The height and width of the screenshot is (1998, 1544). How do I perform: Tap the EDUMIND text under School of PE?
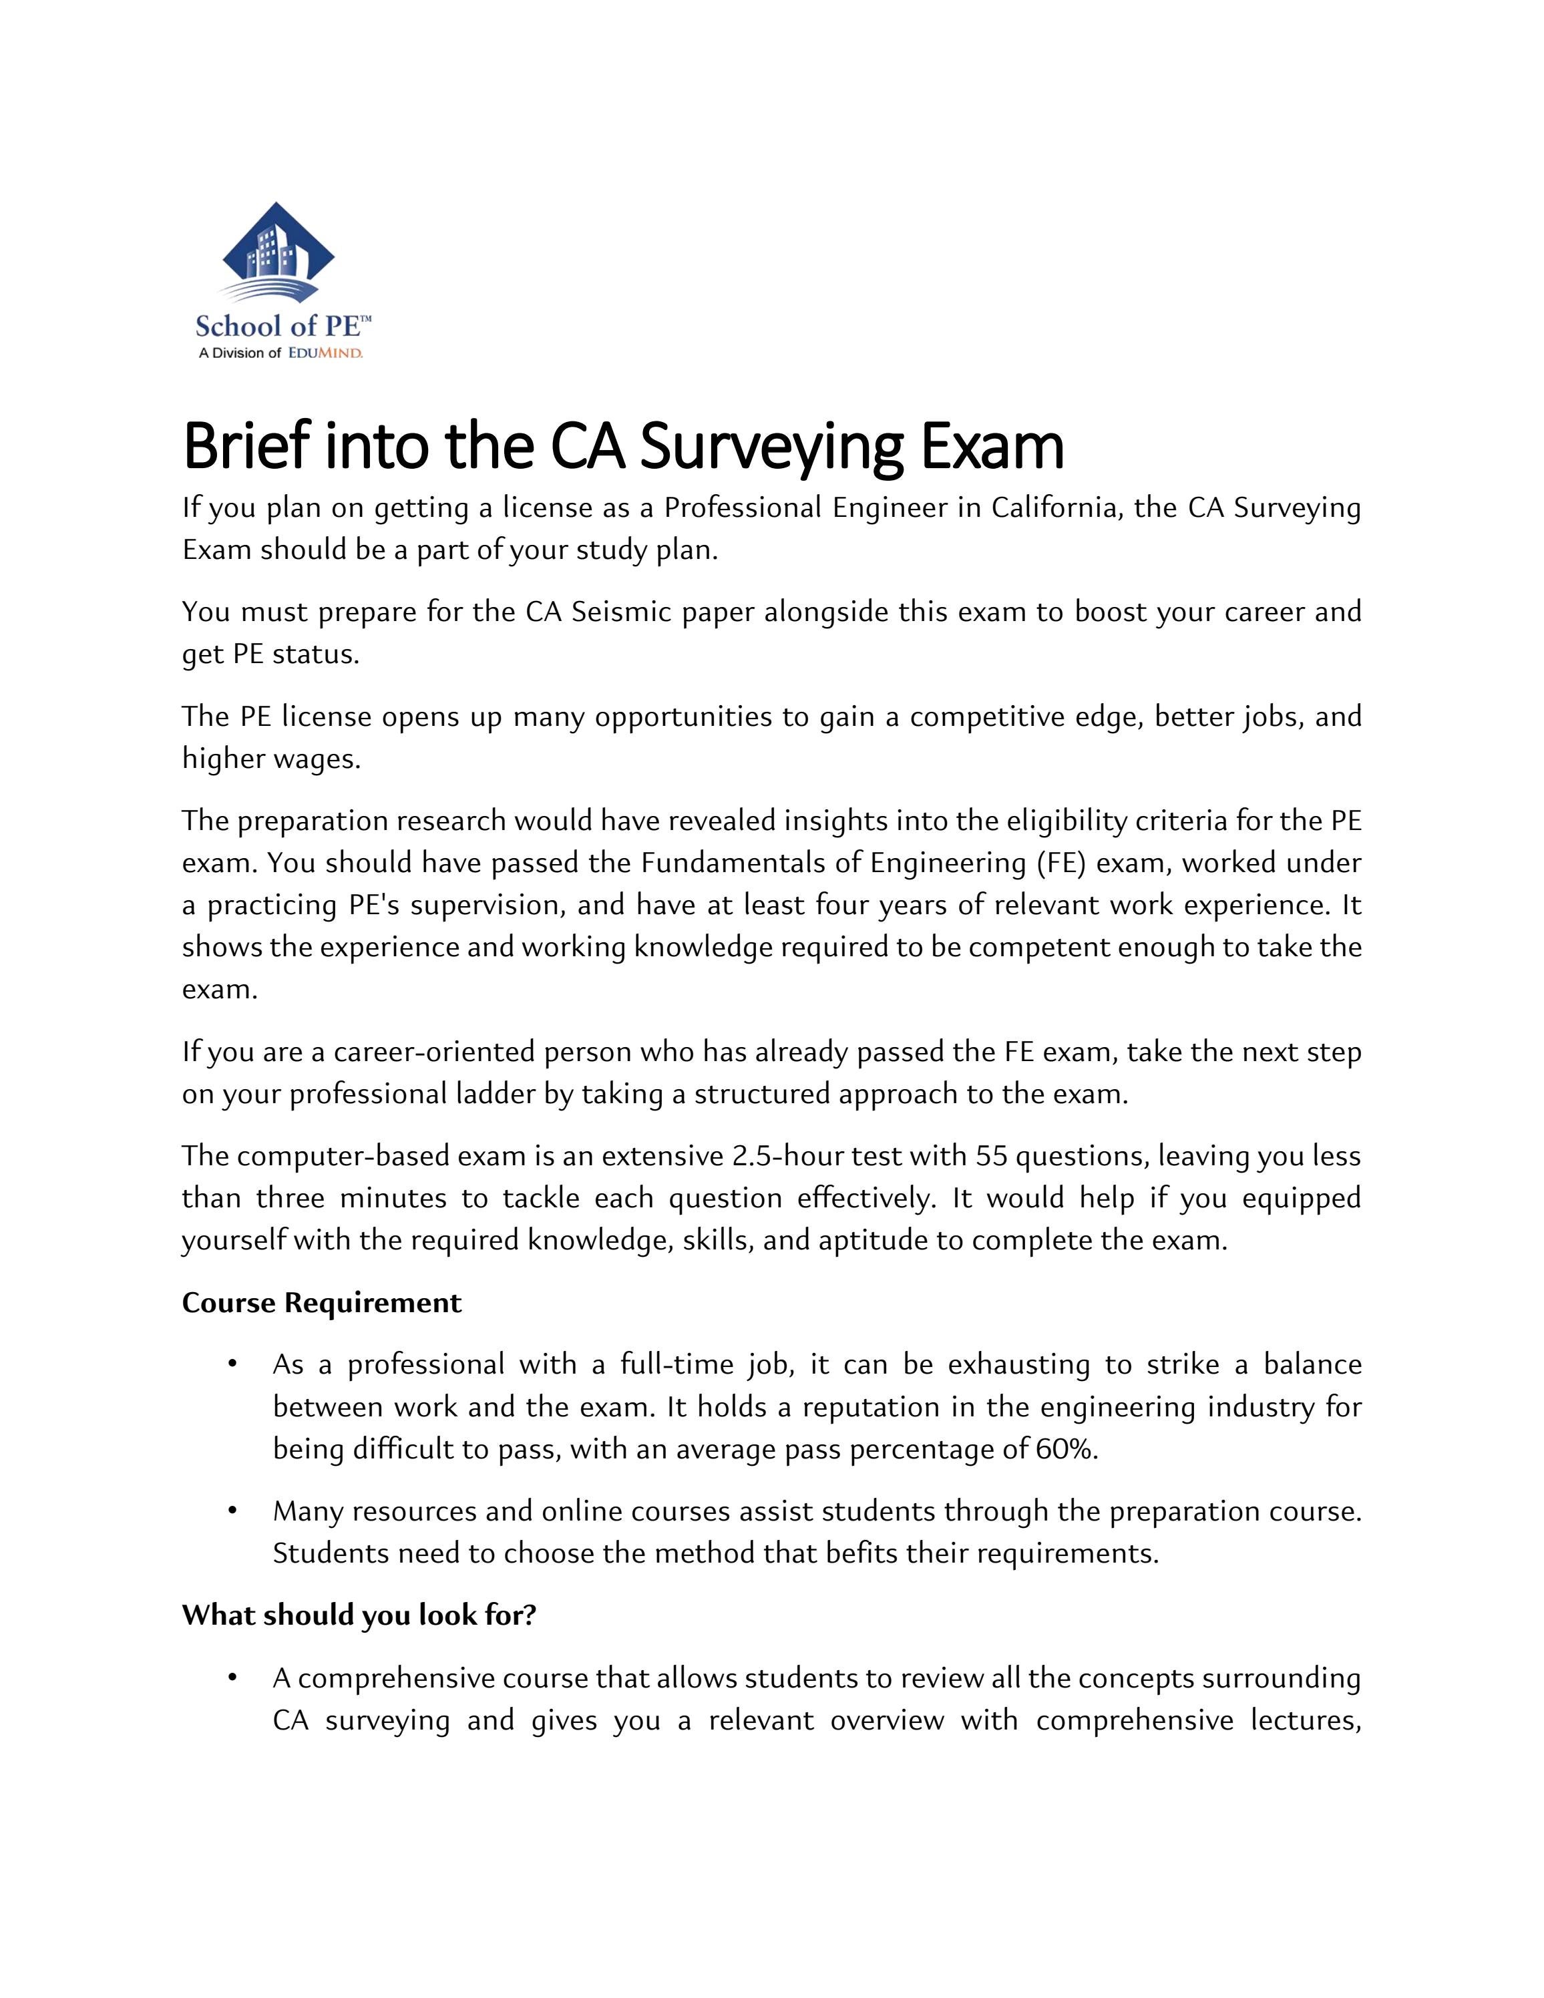click(326, 353)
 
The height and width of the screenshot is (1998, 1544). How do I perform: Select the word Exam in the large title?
click(992, 447)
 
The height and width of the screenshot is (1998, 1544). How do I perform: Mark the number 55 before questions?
click(990, 1157)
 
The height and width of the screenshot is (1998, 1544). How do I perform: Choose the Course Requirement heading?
click(321, 1303)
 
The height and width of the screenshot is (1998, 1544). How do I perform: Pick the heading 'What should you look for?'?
click(359, 1615)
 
